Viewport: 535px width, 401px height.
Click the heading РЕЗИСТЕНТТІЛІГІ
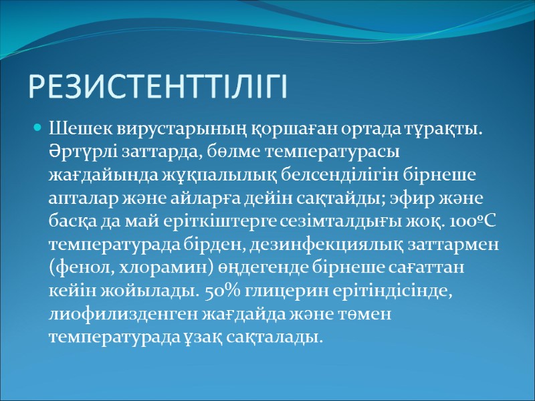pyautogui.click(x=157, y=87)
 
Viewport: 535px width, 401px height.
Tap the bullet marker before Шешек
pyautogui.click(x=38, y=128)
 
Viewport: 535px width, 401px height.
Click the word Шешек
pyautogui.click(x=76, y=128)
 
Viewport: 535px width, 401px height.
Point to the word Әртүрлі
pyautogui.click(x=77, y=149)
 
